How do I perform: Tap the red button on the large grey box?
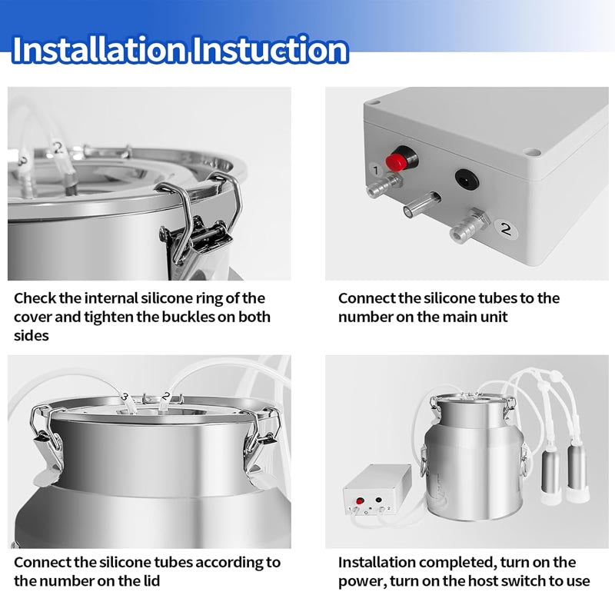[x=397, y=160]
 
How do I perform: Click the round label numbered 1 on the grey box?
[x=374, y=169]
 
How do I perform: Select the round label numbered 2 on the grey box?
[x=504, y=228]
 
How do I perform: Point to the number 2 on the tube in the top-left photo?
[x=58, y=146]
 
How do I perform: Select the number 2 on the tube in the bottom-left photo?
[x=166, y=397]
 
